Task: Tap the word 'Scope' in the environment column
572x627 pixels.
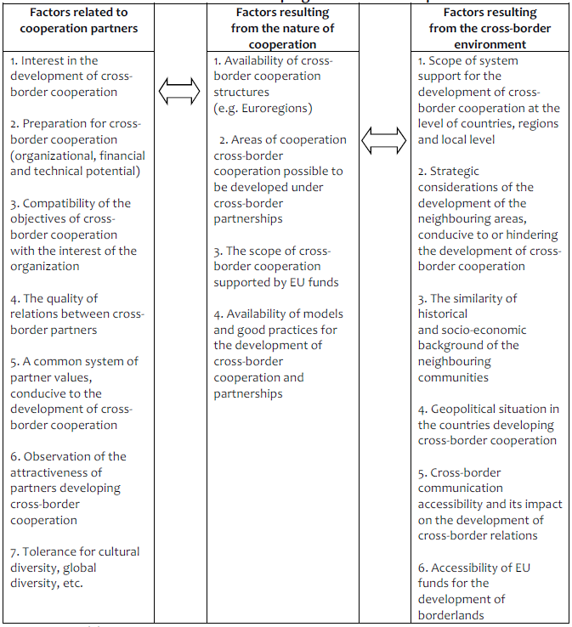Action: pyautogui.click(x=448, y=60)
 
